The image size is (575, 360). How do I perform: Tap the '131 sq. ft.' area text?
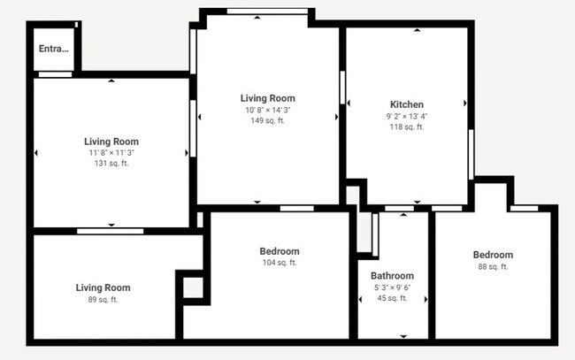tap(111, 164)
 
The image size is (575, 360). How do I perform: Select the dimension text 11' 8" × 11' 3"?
tap(111, 153)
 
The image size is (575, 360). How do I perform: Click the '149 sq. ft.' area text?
tap(267, 120)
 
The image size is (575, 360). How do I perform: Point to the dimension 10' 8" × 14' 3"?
tap(267, 110)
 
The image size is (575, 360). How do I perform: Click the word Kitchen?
tap(406, 104)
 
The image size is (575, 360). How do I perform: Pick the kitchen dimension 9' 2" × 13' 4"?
tap(406, 116)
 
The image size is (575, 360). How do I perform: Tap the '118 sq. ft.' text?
tap(406, 126)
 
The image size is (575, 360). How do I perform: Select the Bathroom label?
tap(392, 276)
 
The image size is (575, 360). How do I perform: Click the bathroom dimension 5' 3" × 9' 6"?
tap(392, 287)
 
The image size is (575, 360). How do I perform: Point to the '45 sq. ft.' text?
tap(392, 298)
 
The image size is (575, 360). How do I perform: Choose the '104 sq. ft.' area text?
tap(280, 263)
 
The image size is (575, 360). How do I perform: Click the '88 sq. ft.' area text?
tap(493, 267)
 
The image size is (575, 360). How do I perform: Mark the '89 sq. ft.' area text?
tap(103, 300)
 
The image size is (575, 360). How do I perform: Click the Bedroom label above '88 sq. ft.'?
tap(493, 255)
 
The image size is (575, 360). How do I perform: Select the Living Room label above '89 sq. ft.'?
tap(103, 287)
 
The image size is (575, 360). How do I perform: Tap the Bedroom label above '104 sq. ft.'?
tap(280, 251)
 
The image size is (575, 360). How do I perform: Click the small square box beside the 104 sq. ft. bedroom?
tap(193, 287)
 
